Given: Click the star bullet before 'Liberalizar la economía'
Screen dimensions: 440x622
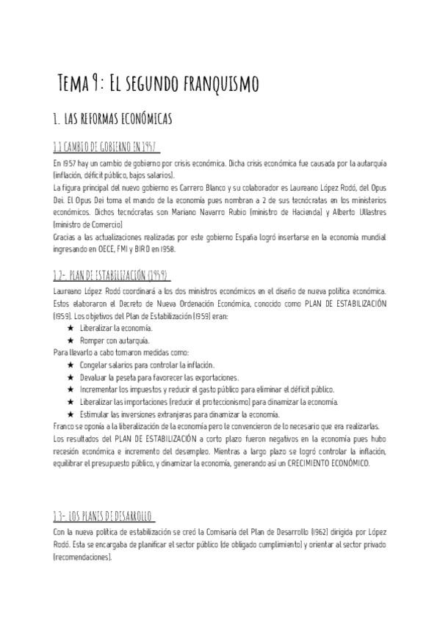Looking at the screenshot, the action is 71,329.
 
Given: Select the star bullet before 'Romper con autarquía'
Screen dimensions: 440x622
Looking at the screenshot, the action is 71,340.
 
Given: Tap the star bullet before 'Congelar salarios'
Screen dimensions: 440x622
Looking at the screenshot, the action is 71,365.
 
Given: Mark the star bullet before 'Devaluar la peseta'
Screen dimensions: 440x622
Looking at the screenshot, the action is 71,377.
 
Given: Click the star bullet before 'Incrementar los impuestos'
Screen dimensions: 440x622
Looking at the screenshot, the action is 71,389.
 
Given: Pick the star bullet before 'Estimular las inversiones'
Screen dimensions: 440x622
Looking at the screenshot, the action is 71,414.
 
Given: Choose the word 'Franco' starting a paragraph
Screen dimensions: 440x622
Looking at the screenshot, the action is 63,426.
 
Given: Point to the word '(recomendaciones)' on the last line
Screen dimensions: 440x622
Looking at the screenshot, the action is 82,557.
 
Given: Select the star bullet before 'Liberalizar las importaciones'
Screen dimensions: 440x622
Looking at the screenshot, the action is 71,401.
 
